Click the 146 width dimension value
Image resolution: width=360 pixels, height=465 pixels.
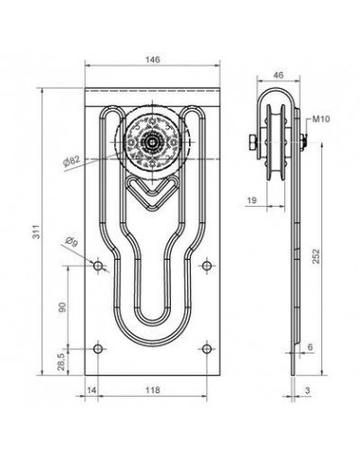[x=152, y=60]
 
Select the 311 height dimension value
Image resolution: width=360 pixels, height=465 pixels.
[x=37, y=232]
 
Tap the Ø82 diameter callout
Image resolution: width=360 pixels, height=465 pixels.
[x=72, y=161]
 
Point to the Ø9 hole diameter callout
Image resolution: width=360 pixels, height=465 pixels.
[x=71, y=242]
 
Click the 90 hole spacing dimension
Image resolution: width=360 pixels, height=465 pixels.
[x=62, y=307]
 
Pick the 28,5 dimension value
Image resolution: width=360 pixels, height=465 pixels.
[x=61, y=361]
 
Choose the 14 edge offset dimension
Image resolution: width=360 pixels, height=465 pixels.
[x=91, y=389]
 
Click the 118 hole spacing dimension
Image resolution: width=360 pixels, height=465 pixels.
[x=152, y=389]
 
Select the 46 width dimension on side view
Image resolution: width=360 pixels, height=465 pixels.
[x=279, y=75]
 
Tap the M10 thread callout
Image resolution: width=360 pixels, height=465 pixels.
[x=321, y=119]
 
